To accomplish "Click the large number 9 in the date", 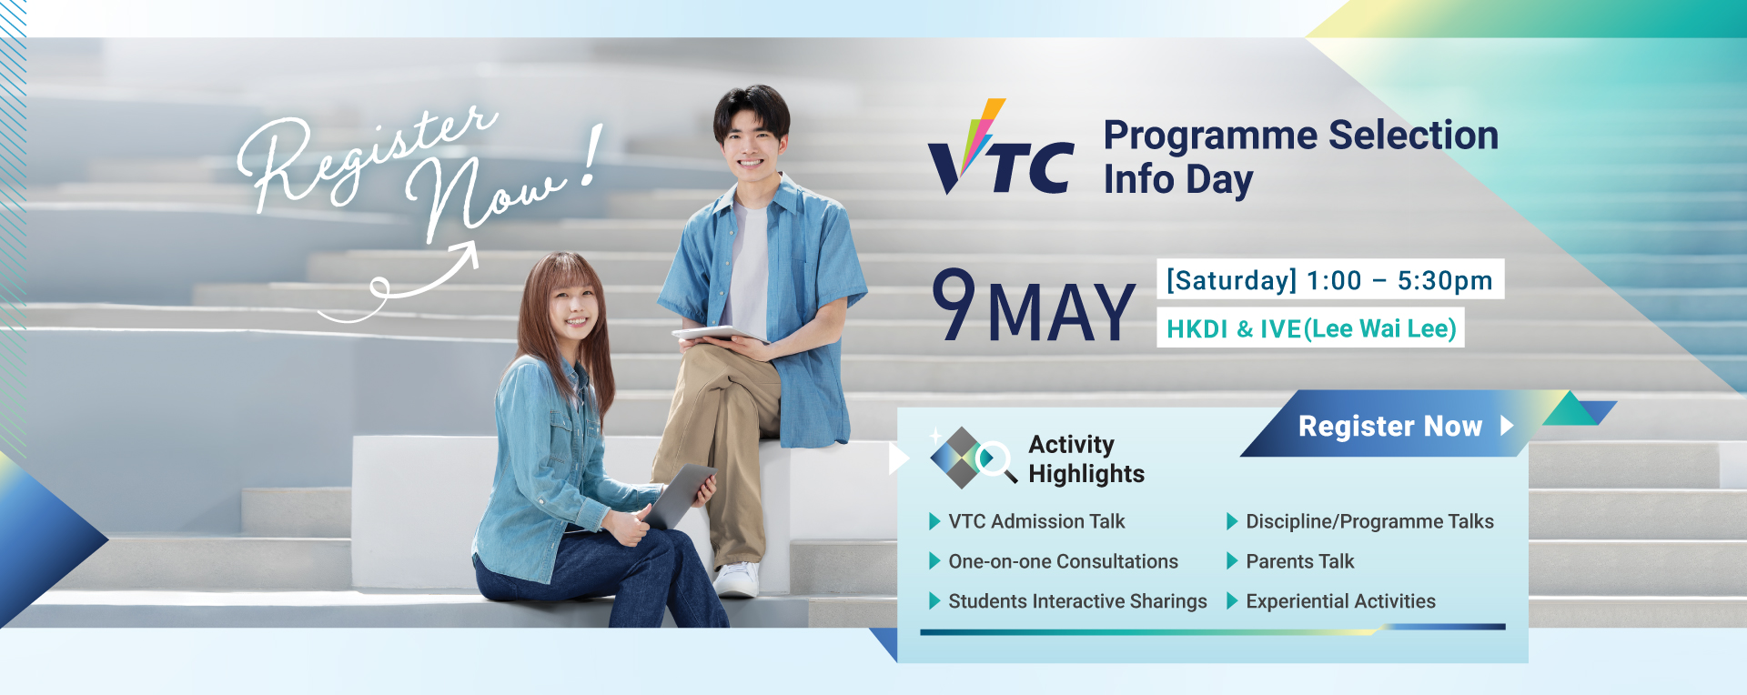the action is (x=954, y=304).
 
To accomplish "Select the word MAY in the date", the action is (x=1061, y=313).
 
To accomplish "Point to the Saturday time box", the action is (x=1330, y=279).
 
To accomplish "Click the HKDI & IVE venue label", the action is (x=1311, y=328).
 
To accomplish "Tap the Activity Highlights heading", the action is (x=1086, y=458).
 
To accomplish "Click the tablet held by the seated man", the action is (x=720, y=333).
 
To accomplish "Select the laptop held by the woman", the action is (x=678, y=496).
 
